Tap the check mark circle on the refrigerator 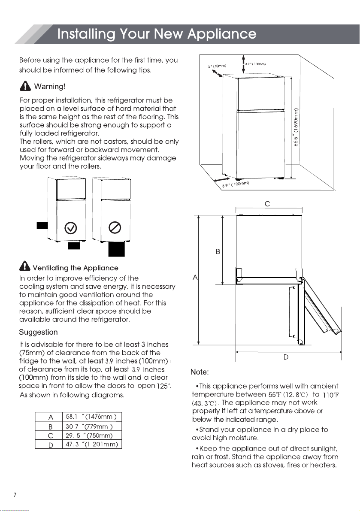tap(70, 228)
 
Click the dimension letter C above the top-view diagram tap(267, 204)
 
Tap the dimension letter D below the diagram tap(286, 357)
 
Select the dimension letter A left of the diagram tap(195, 278)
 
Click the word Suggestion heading tap(38, 332)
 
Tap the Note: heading tap(200, 372)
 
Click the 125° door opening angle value tap(163, 386)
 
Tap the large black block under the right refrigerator tap(116, 249)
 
